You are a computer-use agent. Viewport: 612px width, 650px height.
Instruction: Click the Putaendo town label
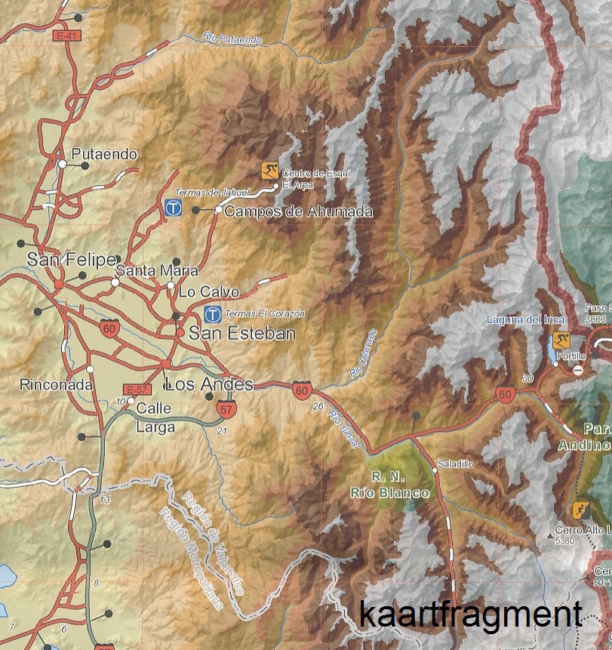pyautogui.click(x=105, y=154)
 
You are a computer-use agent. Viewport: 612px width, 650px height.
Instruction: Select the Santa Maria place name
pyautogui.click(x=157, y=270)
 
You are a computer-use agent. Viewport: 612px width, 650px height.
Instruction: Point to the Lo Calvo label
pyautogui.click(x=209, y=291)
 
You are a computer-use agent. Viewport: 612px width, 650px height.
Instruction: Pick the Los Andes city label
pyautogui.click(x=208, y=384)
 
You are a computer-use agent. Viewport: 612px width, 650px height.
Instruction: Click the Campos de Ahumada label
pyautogui.click(x=299, y=211)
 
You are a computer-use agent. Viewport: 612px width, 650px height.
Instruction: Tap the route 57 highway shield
pyautogui.click(x=226, y=410)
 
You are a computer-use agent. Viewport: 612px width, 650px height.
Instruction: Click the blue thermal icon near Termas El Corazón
pyautogui.click(x=214, y=313)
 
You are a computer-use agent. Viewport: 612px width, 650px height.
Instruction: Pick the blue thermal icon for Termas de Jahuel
pyautogui.click(x=173, y=207)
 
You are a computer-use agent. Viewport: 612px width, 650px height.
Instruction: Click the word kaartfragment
pyautogui.click(x=471, y=613)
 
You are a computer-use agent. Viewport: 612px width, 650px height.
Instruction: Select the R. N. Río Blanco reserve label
pyautogui.click(x=389, y=485)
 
